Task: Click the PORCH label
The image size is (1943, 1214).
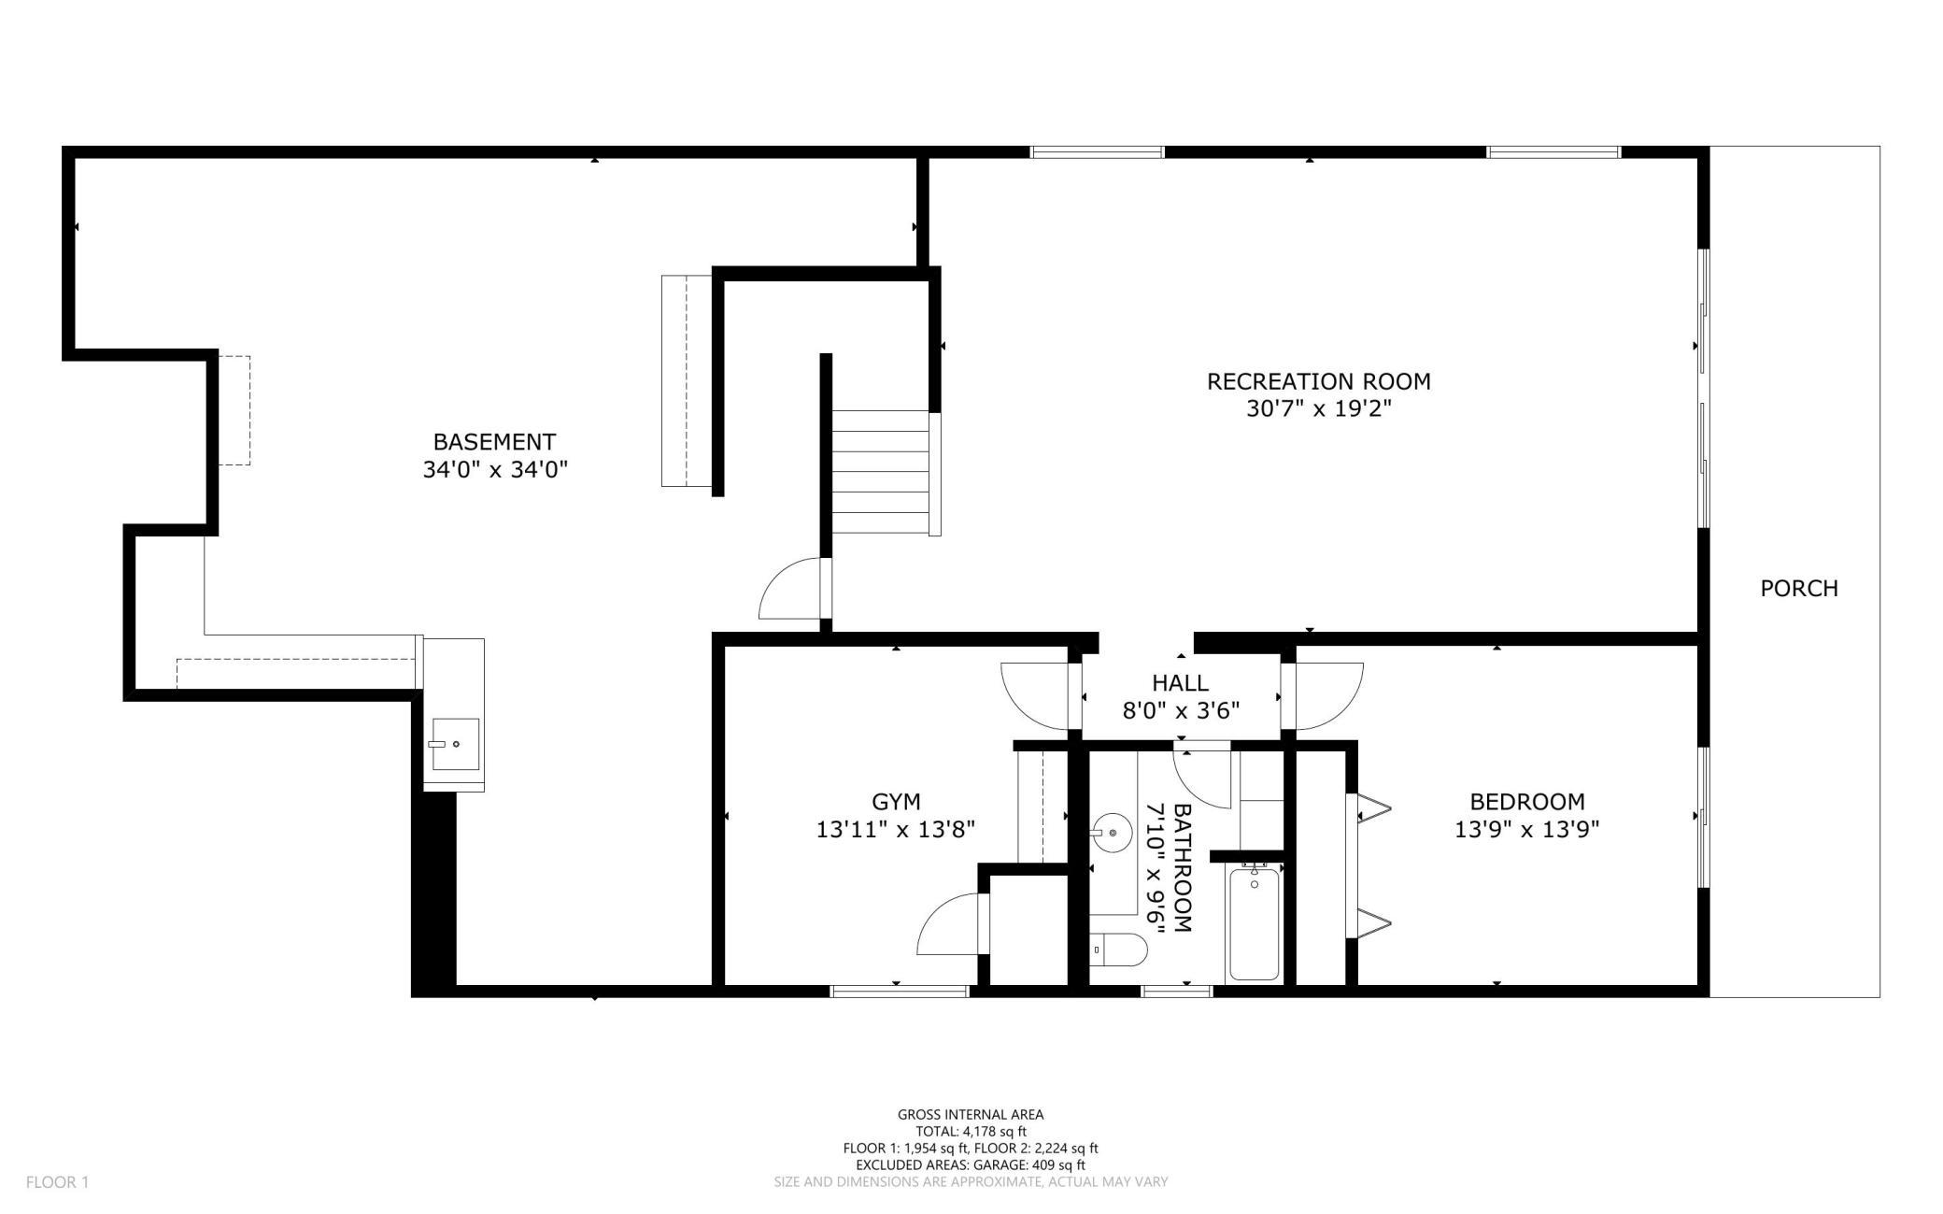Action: click(1798, 588)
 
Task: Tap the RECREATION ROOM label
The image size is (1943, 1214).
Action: click(1318, 381)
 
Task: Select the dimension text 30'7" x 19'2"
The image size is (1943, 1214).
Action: click(1318, 408)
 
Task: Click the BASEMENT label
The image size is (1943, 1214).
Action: click(494, 441)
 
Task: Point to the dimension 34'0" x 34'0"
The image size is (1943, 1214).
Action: click(495, 469)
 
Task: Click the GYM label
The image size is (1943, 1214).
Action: click(896, 801)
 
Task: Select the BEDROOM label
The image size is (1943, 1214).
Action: click(1527, 801)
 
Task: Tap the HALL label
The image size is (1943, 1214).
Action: click(1180, 683)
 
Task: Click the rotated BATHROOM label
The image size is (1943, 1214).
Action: click(1183, 867)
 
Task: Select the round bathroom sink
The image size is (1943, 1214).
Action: click(1111, 832)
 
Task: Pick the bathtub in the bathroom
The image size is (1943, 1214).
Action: click(1254, 923)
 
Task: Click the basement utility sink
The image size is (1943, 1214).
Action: click(455, 744)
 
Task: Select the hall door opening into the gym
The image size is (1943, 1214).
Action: click(1037, 695)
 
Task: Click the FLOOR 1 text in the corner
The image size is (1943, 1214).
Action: click(57, 1182)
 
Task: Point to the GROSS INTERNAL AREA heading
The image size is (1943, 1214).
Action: click(971, 1114)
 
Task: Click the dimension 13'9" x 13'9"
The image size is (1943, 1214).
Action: click(1527, 829)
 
